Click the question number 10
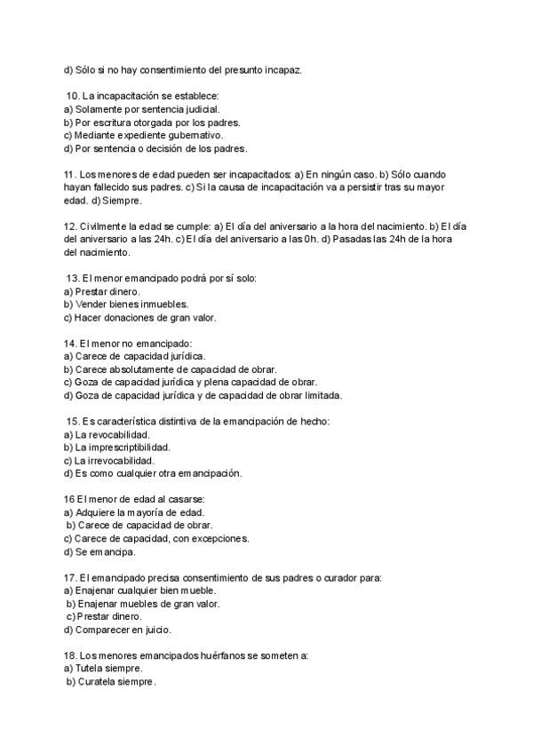tap(73, 95)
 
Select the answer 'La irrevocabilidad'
tap(115, 461)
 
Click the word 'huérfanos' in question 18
tap(212, 656)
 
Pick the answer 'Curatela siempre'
tap(116, 682)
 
